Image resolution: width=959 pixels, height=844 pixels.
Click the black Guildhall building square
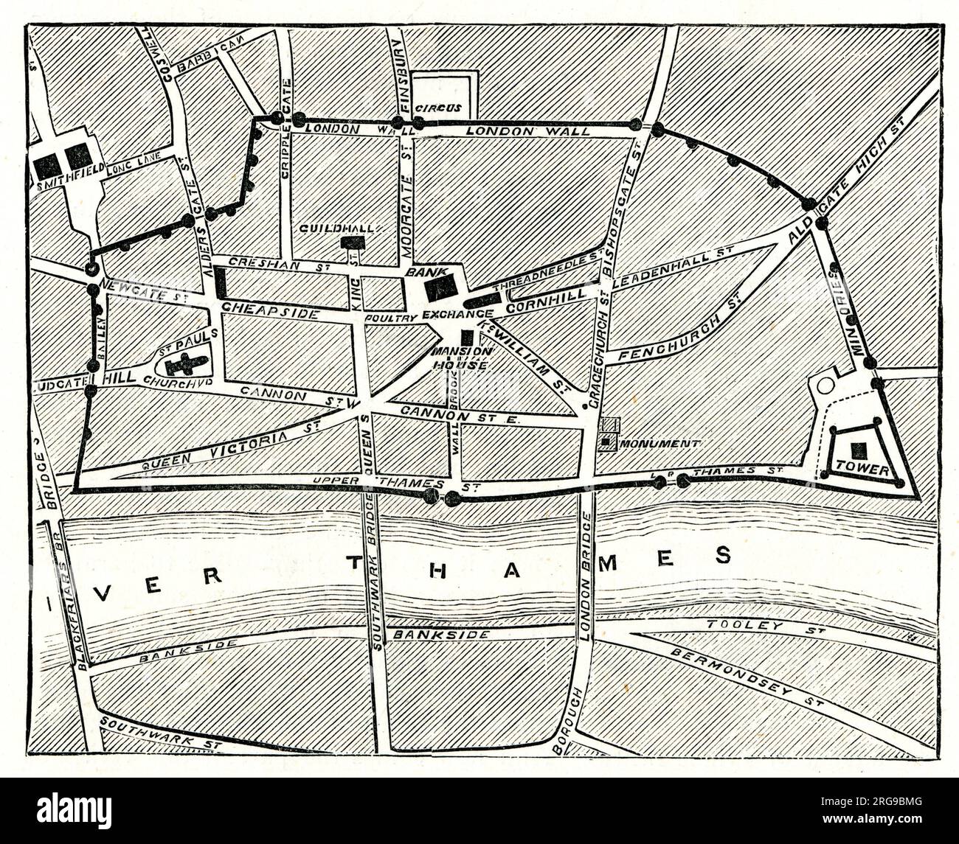[352, 242]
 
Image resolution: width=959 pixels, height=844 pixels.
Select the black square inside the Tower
[859, 449]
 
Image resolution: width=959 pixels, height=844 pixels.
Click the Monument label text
[660, 443]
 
